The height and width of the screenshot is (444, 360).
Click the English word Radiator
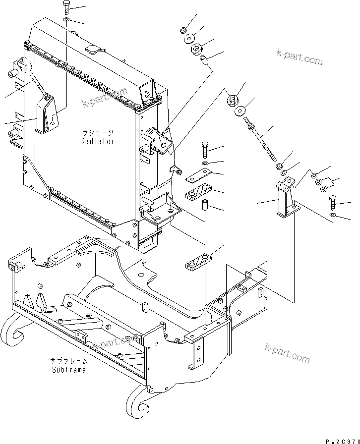click(98, 141)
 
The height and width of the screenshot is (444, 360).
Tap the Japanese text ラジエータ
click(98, 133)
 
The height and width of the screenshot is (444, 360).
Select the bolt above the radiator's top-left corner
click(67, 8)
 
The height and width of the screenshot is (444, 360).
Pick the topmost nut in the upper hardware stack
click(183, 30)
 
